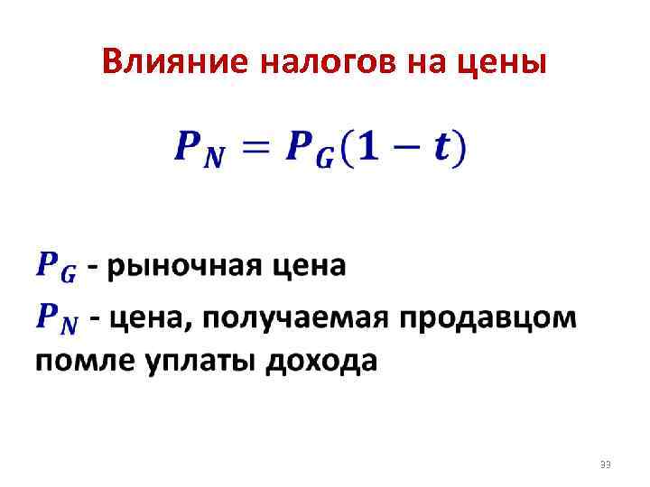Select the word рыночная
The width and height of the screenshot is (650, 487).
click(x=185, y=268)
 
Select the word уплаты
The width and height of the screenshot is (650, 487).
click(x=200, y=363)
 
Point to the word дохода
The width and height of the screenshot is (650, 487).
click(x=321, y=363)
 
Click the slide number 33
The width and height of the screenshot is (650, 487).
click(x=605, y=464)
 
